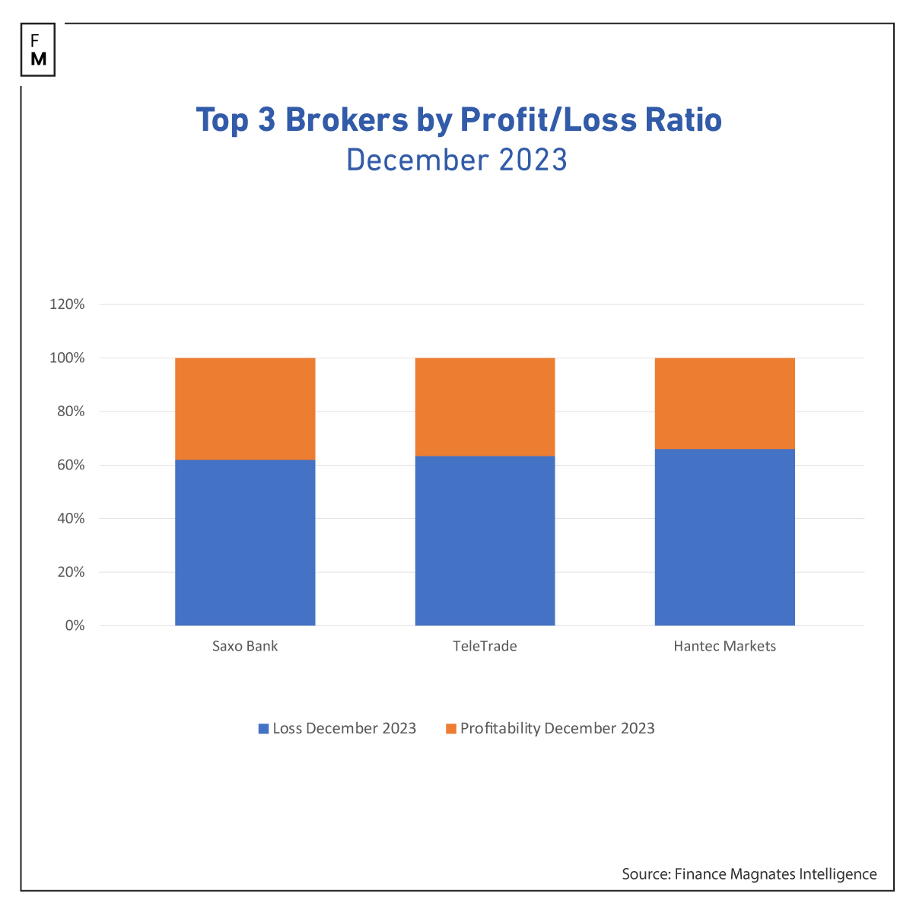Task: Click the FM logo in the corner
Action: point(38,50)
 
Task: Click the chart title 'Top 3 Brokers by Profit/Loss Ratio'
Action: point(459,120)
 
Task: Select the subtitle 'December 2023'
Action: point(456,161)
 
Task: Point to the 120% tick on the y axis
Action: point(67,304)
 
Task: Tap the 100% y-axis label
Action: point(67,358)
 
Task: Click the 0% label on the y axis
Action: point(74,625)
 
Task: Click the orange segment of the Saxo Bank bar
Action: point(245,409)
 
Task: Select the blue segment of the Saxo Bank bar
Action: point(245,542)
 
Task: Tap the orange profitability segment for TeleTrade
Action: point(485,407)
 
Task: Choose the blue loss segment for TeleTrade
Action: point(485,541)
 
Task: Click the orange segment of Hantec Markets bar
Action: point(724,403)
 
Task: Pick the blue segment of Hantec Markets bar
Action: point(724,537)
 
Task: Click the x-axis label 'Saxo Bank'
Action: point(245,647)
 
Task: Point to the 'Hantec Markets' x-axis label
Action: point(724,647)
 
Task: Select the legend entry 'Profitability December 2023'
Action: point(549,728)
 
